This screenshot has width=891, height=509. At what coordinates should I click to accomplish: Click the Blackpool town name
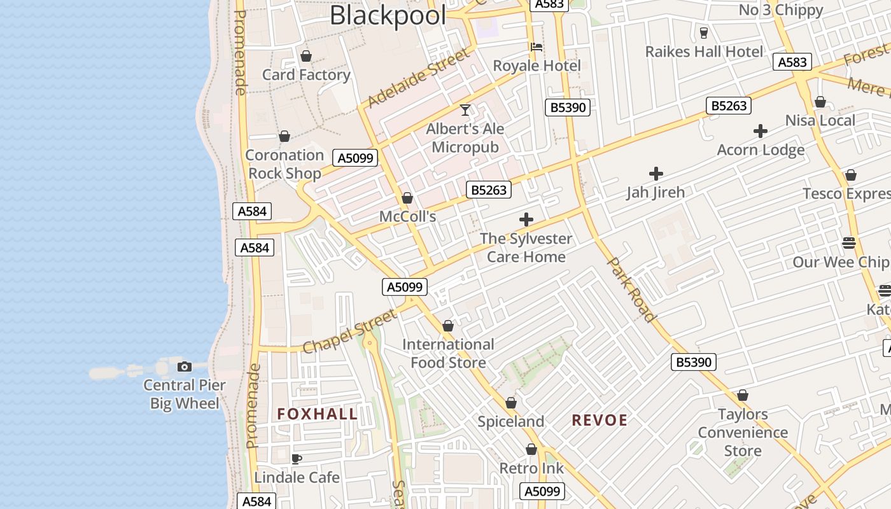(388, 15)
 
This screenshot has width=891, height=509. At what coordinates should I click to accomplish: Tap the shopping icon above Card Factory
(306, 56)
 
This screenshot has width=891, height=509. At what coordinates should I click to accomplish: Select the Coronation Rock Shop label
(284, 164)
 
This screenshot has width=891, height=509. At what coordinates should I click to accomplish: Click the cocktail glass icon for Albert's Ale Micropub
(465, 110)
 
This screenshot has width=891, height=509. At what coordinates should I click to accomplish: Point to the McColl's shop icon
(407, 198)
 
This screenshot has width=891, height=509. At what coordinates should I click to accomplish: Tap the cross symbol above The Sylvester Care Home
(526, 220)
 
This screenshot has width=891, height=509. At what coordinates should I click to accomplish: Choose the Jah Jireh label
(656, 192)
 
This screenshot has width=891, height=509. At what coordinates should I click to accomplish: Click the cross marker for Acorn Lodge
(761, 132)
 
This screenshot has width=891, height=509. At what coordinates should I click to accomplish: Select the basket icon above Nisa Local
(820, 102)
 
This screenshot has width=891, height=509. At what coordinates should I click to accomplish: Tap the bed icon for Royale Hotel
(537, 47)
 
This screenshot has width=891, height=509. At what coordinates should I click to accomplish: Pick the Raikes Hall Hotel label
(704, 52)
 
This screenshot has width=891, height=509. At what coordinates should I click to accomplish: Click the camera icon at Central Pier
(185, 366)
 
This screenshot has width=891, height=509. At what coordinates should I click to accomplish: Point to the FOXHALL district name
(318, 414)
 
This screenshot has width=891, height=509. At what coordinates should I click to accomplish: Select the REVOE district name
(600, 420)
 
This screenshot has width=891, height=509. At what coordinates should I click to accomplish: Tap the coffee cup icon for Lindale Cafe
(297, 459)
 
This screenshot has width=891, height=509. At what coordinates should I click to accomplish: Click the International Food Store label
(448, 354)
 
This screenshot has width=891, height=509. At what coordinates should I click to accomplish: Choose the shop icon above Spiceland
(511, 403)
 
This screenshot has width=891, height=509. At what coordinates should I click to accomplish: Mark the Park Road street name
(631, 289)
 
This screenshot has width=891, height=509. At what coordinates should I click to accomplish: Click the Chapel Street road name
(350, 332)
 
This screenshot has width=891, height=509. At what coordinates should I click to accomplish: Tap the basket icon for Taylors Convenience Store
(743, 396)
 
